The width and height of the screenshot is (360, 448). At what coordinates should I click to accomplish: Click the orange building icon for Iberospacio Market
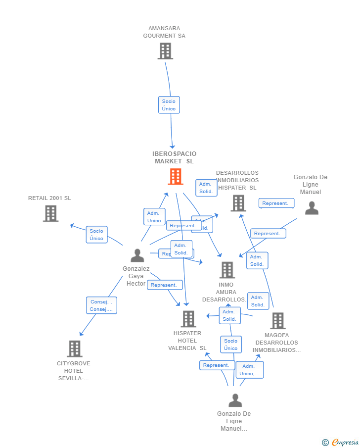tap(176, 177)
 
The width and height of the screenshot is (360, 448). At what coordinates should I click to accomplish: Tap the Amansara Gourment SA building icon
tap(165, 51)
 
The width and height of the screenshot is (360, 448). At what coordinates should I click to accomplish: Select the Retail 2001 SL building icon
tap(50, 213)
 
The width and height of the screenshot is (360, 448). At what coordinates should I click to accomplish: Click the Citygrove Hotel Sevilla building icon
tap(74, 349)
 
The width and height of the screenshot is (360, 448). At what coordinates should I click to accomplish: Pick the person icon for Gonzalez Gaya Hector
tap(137, 255)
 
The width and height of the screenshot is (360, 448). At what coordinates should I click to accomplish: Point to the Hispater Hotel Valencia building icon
tap(188, 319)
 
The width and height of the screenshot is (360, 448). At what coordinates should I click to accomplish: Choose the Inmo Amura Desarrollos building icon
tap(227, 270)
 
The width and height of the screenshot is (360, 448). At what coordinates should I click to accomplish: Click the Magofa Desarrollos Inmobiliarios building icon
tap(277, 321)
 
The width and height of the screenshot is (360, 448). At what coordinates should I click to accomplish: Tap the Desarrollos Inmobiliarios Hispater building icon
tap(238, 203)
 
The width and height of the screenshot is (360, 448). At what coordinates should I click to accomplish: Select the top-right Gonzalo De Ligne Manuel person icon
tap(312, 208)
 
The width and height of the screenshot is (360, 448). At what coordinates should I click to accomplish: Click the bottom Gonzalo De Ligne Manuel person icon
tap(235, 400)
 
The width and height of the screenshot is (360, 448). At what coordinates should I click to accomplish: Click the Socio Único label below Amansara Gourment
tap(169, 105)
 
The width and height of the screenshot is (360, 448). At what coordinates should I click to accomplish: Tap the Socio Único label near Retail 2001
tap(96, 235)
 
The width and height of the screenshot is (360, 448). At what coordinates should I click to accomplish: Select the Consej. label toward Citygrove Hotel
tap(101, 305)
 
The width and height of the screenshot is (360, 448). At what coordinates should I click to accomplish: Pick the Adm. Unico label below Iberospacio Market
tap(154, 217)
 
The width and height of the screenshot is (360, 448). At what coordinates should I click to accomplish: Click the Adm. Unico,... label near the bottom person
tap(249, 370)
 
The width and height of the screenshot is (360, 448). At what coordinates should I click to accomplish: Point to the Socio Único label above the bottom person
tap(231, 345)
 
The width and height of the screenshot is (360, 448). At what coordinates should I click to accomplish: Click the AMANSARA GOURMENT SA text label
tap(164, 32)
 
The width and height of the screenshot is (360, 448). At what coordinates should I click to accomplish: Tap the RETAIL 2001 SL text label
tap(49, 198)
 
